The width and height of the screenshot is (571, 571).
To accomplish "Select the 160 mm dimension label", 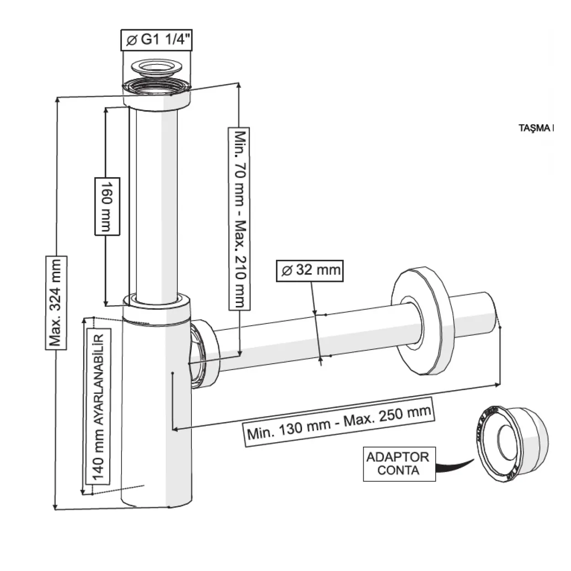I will [107, 206].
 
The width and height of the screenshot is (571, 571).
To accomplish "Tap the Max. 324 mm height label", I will [56, 302].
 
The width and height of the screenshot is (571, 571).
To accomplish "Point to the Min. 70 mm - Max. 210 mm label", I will [239, 218].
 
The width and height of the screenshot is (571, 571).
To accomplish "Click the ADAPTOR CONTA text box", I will [399, 464].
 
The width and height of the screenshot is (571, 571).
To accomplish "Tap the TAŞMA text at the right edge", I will [536, 128].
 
